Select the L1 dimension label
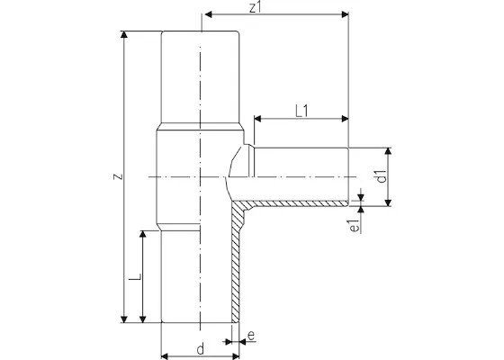[301, 110]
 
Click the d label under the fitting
[200, 347]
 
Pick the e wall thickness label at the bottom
[251, 337]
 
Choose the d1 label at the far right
[382, 175]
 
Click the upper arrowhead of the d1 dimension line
[389, 150]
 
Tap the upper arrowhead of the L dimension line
[142, 233]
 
